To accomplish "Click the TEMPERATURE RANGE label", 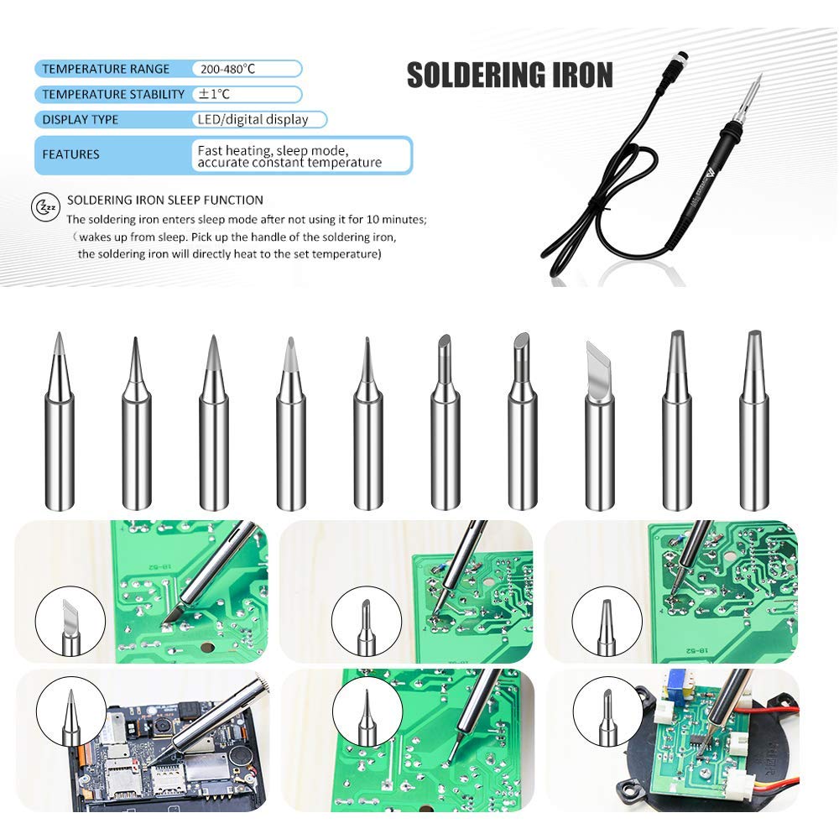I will pyautogui.click(x=106, y=69).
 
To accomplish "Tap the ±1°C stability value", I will pyautogui.click(x=215, y=94).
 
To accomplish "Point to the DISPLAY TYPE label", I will pyautogui.click(x=81, y=119).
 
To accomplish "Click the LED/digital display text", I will pyautogui.click(x=253, y=119).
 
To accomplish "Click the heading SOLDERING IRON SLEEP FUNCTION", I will pyautogui.click(x=165, y=200).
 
